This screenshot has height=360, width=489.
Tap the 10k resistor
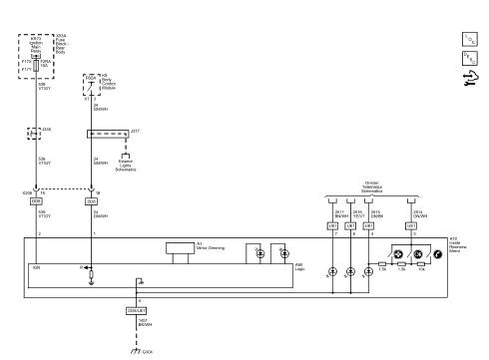point(421,267)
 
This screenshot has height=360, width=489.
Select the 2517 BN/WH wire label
point(339,213)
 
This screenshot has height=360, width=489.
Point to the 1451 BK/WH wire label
point(144,322)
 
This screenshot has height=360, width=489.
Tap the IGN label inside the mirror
point(36,268)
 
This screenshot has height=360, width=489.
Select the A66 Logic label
point(298,266)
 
